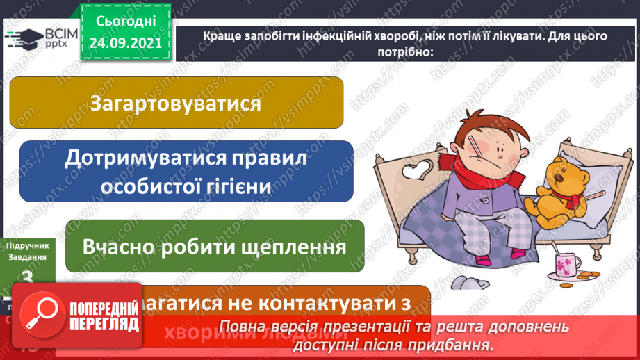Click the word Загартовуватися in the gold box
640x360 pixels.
point(175,103)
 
